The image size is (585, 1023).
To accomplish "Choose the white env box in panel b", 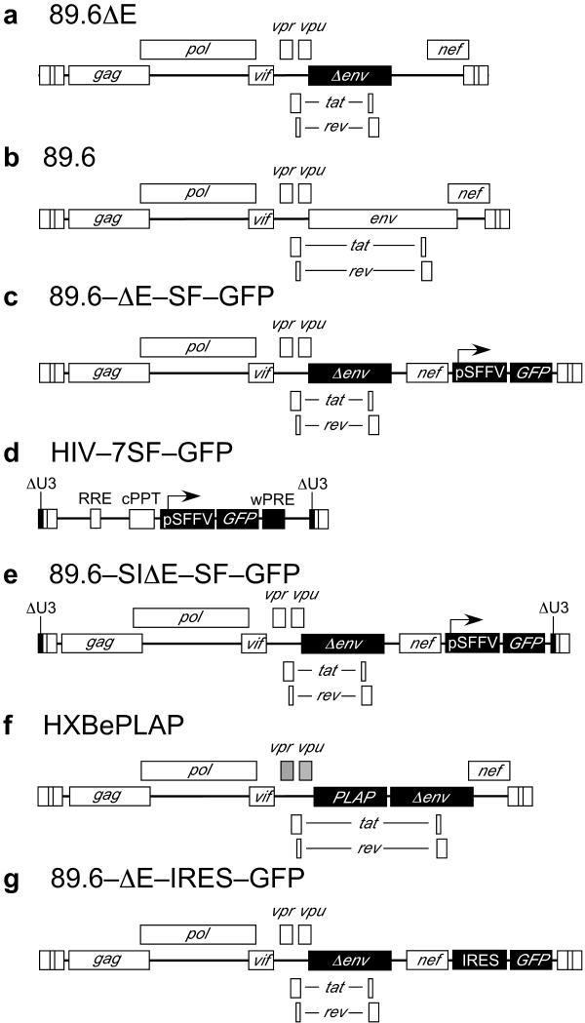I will (x=382, y=219).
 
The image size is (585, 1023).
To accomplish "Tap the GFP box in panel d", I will (x=239, y=519).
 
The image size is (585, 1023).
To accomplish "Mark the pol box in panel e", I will (x=190, y=617).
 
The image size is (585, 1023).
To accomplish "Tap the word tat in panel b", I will (x=363, y=244).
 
